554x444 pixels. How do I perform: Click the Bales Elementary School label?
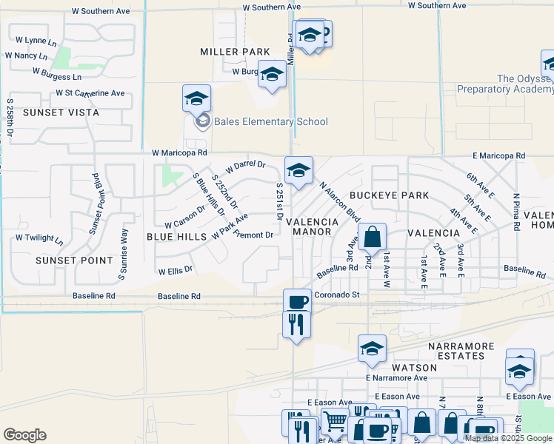pyautogui.click(x=271, y=121)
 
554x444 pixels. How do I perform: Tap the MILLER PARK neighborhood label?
pyautogui.click(x=235, y=52)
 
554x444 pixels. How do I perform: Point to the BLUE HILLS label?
pyautogui.click(x=176, y=236)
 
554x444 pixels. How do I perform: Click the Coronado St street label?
pyautogui.click(x=336, y=295)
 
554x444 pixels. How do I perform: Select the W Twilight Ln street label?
pyautogui.click(x=39, y=239)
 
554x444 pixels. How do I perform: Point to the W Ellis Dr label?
pyautogui.click(x=176, y=272)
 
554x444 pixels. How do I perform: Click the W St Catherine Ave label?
pyautogui.click(x=90, y=93)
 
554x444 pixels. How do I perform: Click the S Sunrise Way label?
pyautogui.click(x=124, y=255)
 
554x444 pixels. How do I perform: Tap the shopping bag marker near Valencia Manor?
pyautogui.click(x=373, y=237)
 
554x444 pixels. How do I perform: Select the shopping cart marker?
pyautogui.click(x=335, y=423)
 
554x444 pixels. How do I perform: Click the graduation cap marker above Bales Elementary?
pyautogui.click(x=196, y=98)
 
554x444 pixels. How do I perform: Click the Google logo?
pyautogui.click(x=24, y=435)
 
